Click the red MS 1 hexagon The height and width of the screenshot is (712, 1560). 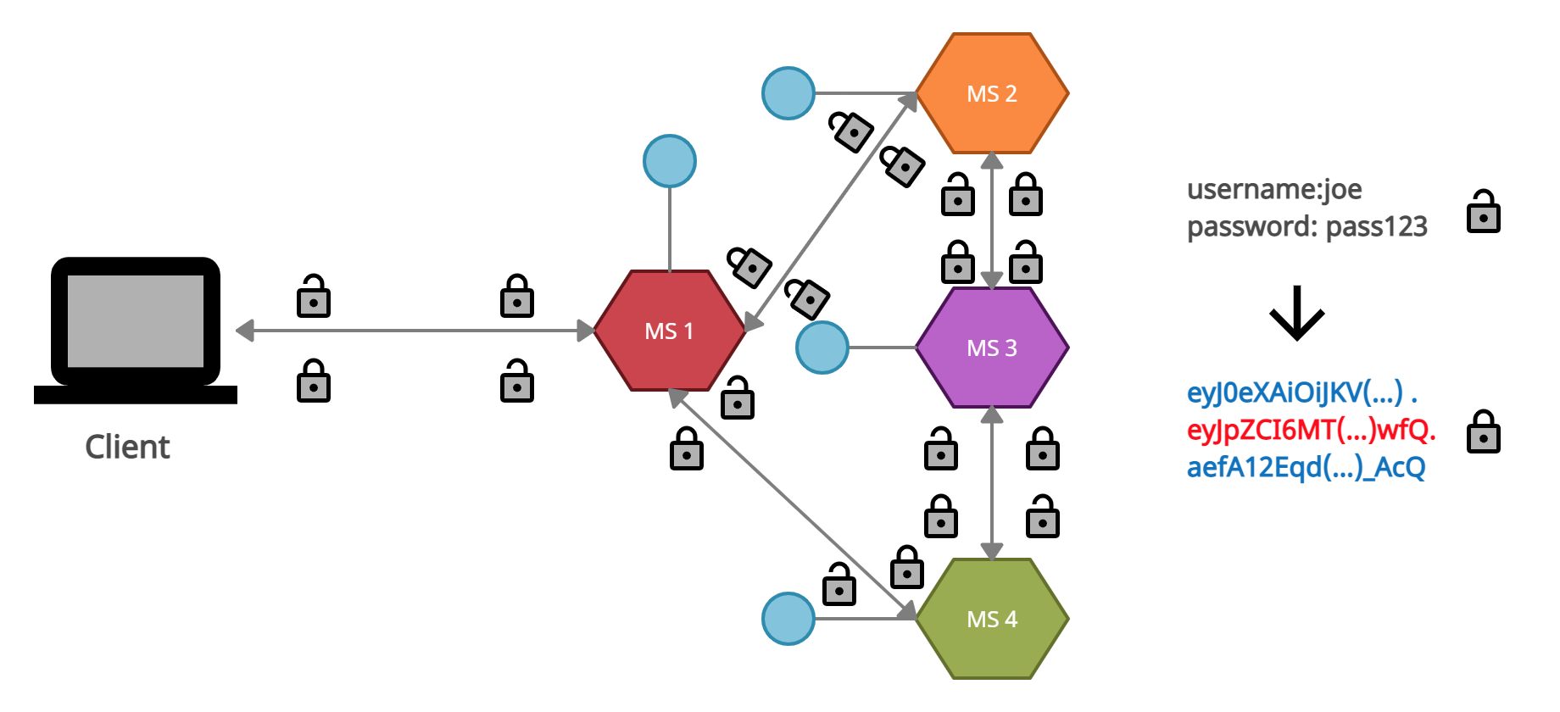669,331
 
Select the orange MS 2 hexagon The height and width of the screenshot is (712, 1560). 992,93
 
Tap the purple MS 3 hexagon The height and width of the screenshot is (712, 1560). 992,348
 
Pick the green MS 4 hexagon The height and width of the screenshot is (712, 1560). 992,619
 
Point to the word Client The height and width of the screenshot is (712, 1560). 127,447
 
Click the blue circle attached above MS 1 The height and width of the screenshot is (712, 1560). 670,161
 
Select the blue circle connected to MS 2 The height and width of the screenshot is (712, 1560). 788,93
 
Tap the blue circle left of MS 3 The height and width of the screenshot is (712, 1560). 822,348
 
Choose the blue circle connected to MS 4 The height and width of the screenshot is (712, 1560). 788,619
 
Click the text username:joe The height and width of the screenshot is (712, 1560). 1274,189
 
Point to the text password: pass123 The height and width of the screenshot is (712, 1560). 1306,226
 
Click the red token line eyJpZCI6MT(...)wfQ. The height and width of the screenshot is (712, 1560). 1311,430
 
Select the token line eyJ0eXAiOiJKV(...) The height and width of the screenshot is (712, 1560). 1301,392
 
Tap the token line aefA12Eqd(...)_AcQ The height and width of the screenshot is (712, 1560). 1306,467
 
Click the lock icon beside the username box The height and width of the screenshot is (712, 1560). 1484,212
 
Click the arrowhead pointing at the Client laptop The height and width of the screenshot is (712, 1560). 245,331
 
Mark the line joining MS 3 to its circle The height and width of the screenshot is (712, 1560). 882,348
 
